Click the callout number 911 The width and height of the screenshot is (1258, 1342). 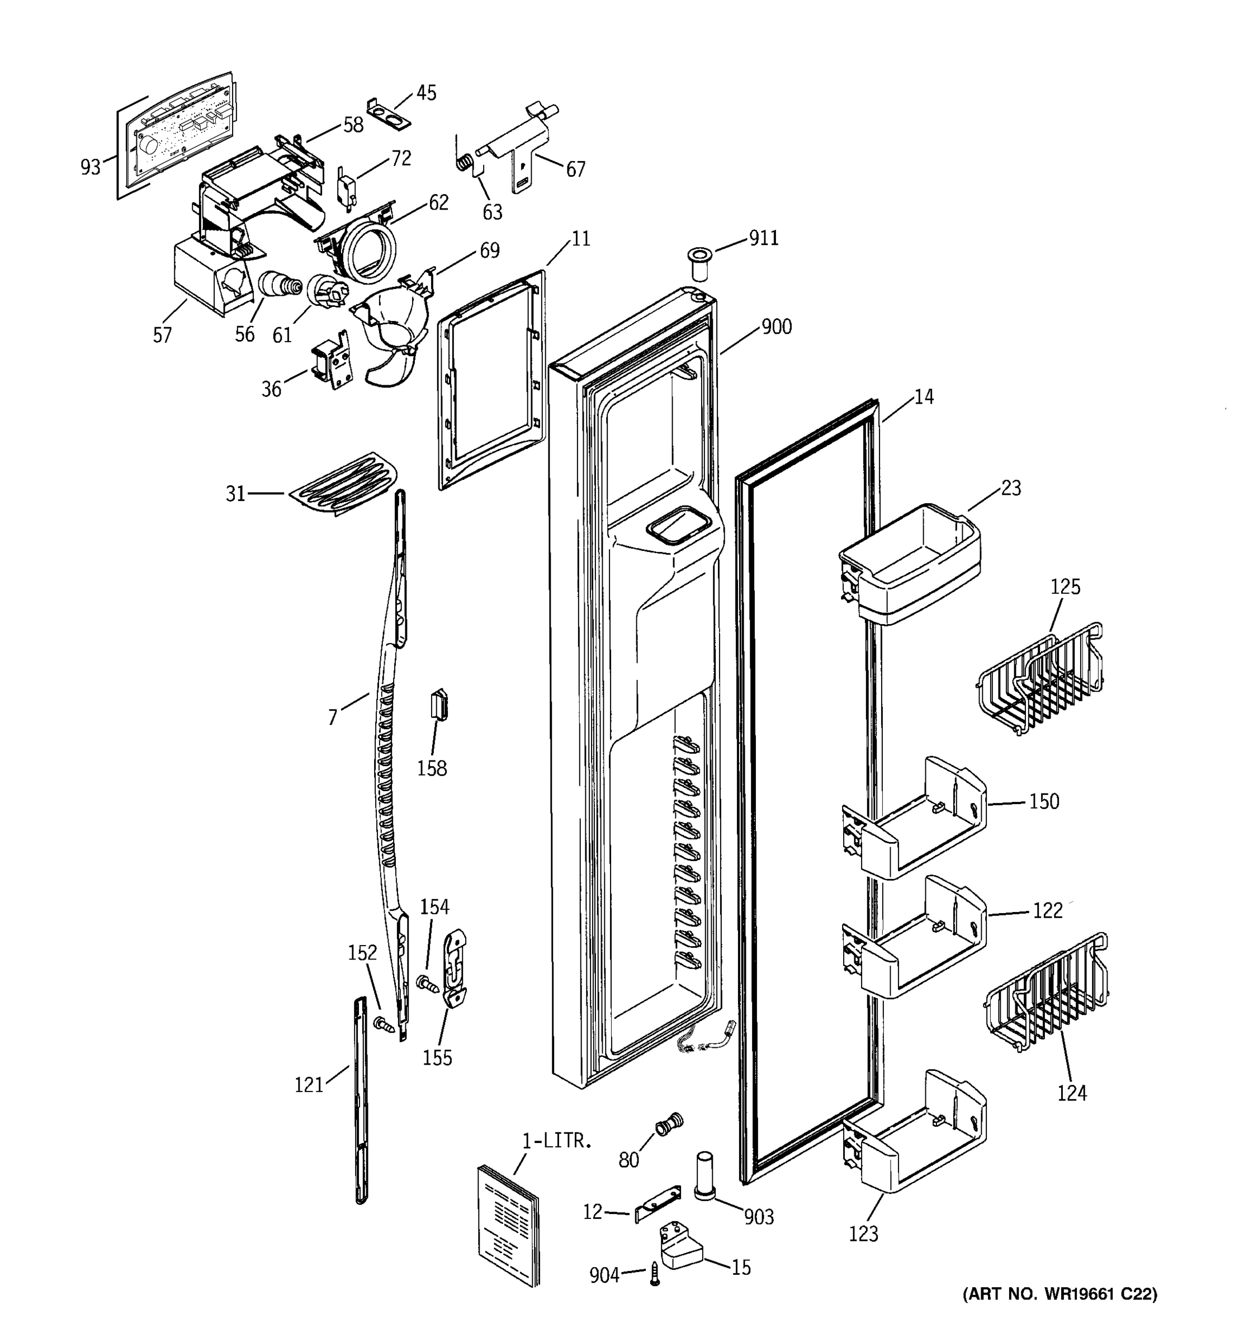[x=764, y=238]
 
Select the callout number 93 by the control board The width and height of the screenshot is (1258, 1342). [x=91, y=167]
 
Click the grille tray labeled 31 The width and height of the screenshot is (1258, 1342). [x=343, y=483]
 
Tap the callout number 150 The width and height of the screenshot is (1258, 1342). [x=1044, y=801]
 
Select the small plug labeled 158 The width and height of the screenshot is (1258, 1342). [x=440, y=706]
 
